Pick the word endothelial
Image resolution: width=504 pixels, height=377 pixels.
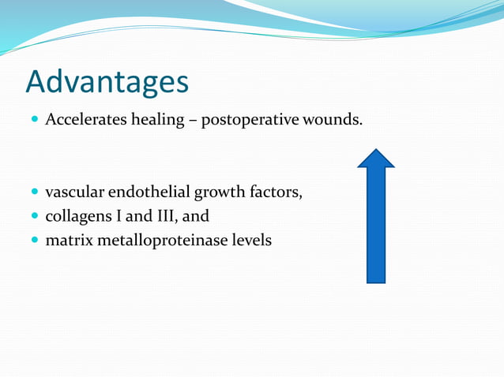tap(152, 192)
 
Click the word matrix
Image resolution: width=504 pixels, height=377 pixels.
tap(69, 240)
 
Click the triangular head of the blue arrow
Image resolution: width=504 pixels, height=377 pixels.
tap(376, 159)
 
